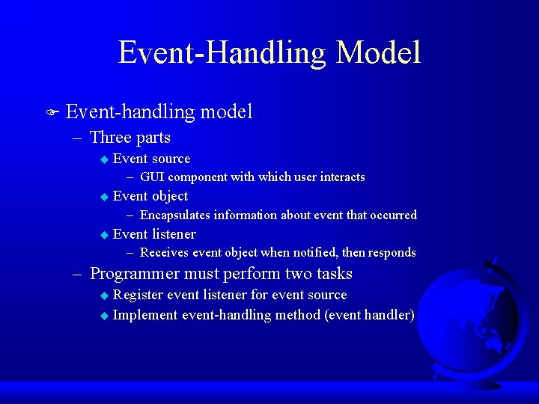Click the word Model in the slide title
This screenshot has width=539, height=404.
378,53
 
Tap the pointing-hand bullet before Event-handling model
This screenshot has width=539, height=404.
51,113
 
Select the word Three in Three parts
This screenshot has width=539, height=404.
110,138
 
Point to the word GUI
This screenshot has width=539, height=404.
152,177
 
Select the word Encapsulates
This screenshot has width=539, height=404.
175,215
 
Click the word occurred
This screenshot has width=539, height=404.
393,215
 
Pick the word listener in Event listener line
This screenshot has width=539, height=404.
174,234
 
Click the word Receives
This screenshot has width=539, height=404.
164,253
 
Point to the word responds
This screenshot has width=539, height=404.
392,253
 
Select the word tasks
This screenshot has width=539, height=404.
332,275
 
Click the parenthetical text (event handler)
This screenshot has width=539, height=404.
369,315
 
